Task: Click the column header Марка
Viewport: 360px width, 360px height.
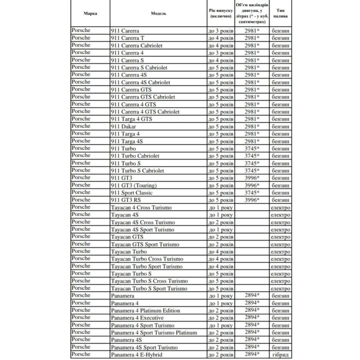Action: [x=90, y=13]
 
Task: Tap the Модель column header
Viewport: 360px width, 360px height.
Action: [x=158, y=13]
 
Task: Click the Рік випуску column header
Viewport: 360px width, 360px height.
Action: [x=220, y=14]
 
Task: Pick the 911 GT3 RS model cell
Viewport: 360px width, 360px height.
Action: [x=126, y=200]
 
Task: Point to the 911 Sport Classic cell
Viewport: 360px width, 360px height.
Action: [x=132, y=193]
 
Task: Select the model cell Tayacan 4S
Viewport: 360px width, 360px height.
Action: [x=125, y=215]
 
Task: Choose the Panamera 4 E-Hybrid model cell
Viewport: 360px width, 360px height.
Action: [x=137, y=354]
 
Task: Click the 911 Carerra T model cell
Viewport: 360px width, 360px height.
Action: [x=128, y=38]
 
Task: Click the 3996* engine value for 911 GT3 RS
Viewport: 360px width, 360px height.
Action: [x=252, y=200]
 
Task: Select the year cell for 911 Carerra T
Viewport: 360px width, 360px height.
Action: [x=220, y=38]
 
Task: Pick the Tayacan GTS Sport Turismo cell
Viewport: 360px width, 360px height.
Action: [x=145, y=244]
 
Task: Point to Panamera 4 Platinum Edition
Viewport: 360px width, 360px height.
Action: [x=146, y=310]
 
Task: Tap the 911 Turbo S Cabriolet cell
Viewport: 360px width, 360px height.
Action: [x=137, y=171]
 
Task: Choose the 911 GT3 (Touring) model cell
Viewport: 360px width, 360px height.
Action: [x=134, y=186]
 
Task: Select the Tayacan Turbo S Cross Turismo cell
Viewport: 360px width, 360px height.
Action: [x=149, y=281]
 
